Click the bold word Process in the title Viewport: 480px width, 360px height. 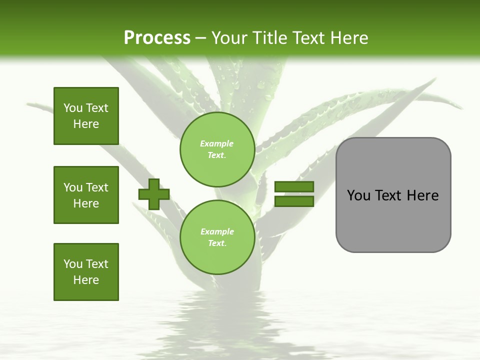point(157,37)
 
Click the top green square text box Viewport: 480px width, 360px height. point(86,116)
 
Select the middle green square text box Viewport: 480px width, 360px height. point(86,195)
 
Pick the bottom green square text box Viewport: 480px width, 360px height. point(86,272)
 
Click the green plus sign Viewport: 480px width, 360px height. point(154,194)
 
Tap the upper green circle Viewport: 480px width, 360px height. point(217,149)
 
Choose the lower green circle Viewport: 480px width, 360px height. point(217,237)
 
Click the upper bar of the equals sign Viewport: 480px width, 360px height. point(294,186)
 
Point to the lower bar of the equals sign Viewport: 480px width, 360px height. point(294,201)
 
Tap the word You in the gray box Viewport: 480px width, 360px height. point(358,195)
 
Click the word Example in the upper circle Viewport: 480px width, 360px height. point(217,144)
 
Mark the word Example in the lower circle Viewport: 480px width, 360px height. point(217,231)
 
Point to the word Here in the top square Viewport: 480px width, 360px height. point(86,124)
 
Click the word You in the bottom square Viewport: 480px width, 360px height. point(72,264)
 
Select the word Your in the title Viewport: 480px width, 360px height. point(229,37)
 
